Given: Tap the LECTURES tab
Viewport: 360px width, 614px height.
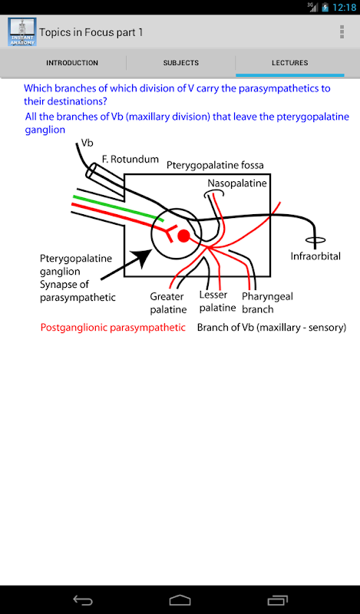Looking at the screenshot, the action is tap(290, 63).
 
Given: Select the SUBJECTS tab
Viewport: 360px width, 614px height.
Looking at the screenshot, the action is tap(181, 63).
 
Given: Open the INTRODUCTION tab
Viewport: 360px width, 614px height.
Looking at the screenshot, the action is tap(72, 63).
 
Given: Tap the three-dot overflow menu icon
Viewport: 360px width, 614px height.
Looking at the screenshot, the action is tap(342, 31).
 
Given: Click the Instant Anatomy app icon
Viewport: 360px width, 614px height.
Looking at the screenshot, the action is tap(22, 31).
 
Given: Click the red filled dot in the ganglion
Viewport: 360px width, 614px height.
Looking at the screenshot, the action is tap(183, 236).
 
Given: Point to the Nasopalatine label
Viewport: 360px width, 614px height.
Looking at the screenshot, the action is tap(237, 183).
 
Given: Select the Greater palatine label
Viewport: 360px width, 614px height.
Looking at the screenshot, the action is tap(168, 303).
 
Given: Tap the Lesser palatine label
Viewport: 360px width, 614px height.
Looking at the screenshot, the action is tap(217, 301).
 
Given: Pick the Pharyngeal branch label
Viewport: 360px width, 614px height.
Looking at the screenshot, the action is tap(267, 302).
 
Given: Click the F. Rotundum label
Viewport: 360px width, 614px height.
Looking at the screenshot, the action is tap(130, 159).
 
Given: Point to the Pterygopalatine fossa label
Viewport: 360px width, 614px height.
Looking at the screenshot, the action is tap(215, 165).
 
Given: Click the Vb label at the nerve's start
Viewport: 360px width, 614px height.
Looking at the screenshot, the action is tap(88, 143).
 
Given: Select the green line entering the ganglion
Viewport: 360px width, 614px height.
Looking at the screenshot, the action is tap(117, 206).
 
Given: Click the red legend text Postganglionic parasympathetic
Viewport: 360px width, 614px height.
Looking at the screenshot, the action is tap(113, 328).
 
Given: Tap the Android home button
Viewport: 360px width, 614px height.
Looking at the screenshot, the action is tap(180, 600).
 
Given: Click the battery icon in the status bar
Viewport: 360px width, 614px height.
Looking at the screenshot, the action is tap(325, 8).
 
